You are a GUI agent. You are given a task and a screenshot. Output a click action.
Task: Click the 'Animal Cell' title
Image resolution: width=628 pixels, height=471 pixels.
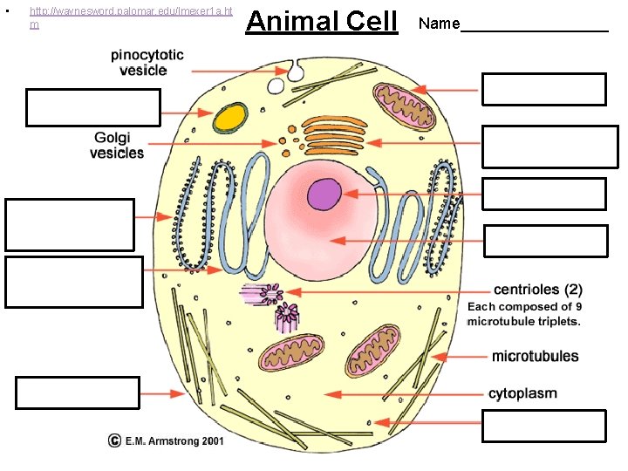321,21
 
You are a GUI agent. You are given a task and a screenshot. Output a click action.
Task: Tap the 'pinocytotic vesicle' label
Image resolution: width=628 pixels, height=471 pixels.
147,62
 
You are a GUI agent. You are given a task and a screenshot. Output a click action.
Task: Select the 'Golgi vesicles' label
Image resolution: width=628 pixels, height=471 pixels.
117,146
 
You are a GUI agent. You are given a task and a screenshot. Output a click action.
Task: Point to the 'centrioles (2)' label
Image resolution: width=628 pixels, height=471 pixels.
538,290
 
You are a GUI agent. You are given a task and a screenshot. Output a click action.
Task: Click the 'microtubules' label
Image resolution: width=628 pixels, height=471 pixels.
535,356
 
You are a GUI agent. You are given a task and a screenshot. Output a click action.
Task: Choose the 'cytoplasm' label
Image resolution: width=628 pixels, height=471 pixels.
522,393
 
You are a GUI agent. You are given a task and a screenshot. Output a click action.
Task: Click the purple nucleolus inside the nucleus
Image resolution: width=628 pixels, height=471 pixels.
324,194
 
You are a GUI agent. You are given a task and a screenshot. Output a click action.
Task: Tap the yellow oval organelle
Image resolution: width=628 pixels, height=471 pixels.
231,116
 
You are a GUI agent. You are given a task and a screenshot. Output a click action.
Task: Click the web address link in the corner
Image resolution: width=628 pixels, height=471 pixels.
131,17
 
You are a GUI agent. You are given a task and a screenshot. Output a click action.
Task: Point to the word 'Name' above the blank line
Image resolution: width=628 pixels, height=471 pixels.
439,24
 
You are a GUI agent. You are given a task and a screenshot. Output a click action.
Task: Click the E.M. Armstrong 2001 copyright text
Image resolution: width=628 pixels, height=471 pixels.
166,440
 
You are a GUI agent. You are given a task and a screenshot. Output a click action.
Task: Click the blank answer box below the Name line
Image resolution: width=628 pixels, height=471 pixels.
543,89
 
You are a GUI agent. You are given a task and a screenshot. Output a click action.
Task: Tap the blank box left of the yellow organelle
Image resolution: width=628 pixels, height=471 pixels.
93,108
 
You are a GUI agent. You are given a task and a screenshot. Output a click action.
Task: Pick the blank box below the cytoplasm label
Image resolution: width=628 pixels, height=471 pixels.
543,427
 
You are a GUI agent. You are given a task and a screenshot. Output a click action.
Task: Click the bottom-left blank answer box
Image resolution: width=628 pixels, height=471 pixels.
77,392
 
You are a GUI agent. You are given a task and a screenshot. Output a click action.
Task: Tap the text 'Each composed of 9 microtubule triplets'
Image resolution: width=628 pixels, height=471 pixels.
525,314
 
